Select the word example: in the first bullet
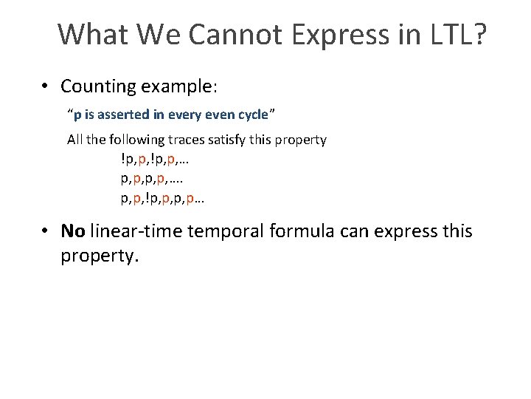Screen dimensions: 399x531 (x=178, y=86)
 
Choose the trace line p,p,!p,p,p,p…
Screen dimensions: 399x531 (x=162, y=198)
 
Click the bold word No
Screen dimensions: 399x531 (x=73, y=231)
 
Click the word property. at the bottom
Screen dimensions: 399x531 (x=99, y=256)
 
